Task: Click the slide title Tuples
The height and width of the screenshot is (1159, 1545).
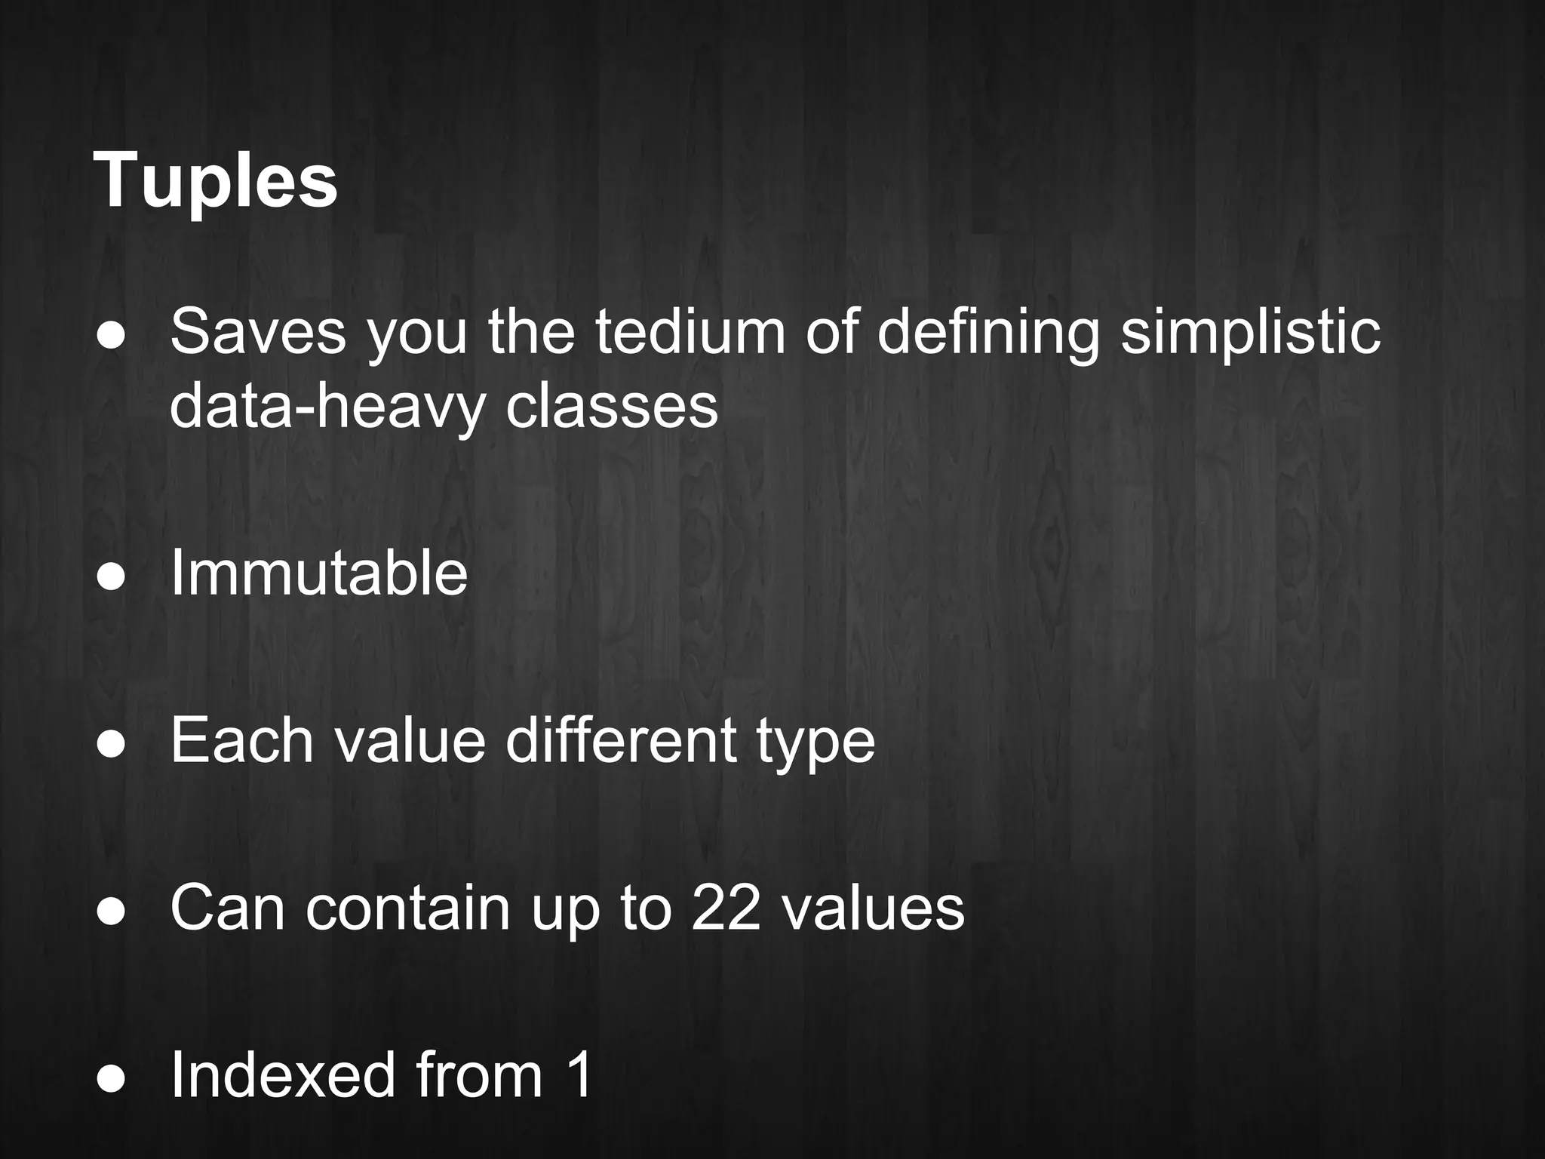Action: tap(215, 181)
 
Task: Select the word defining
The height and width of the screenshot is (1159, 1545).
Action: tap(988, 333)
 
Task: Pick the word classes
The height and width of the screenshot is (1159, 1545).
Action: tap(612, 407)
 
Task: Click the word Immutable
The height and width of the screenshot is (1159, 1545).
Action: tap(319, 574)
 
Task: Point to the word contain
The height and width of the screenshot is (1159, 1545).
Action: tap(408, 908)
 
